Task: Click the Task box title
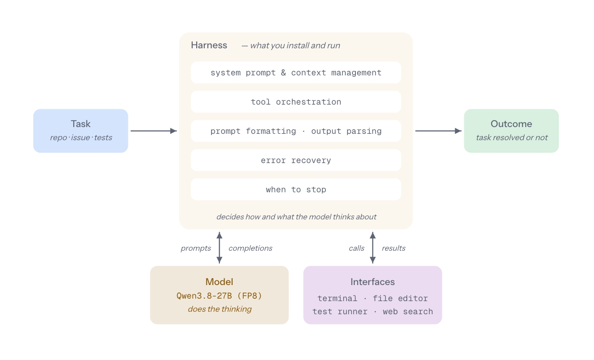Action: pos(80,124)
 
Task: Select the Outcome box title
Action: pos(511,124)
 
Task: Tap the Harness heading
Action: pos(209,45)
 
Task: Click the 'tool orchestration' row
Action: pos(296,102)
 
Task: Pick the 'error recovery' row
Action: pos(296,160)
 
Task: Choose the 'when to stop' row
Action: pos(296,189)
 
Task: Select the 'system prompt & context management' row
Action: pos(296,73)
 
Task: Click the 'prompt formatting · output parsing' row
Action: pos(296,131)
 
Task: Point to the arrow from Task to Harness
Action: pos(154,131)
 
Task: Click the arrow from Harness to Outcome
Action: pos(439,131)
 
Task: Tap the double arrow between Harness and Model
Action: pos(219,248)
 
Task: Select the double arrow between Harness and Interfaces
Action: pos(372,248)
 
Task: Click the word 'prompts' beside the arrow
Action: pos(196,248)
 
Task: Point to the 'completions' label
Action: pos(250,248)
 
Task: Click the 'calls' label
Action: pos(356,248)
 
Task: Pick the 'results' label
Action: pos(394,248)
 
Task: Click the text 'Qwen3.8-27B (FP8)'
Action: pos(219,296)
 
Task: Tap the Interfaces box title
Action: pos(372,282)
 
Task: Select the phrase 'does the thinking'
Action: pos(219,309)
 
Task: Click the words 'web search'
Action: pos(408,311)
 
